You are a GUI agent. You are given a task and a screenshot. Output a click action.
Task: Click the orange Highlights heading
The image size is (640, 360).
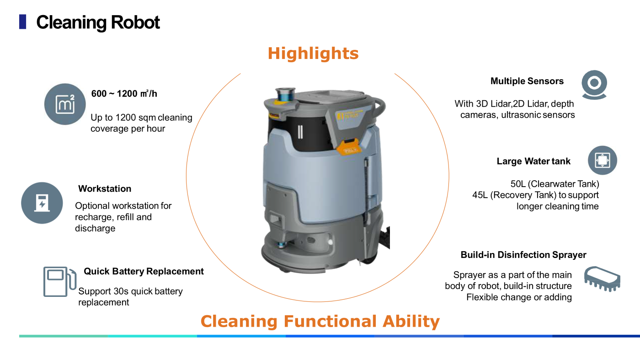click(313, 54)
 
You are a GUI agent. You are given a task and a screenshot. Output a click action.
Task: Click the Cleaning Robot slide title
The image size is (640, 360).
click(98, 22)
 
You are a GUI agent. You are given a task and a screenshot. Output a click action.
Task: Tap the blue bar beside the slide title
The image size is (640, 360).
click(22, 22)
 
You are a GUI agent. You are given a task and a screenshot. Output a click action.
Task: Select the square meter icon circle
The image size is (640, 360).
click(65, 104)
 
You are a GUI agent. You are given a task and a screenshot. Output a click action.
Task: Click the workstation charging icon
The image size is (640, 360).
click(42, 203)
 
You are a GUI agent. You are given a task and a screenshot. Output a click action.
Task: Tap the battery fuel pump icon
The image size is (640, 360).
click(60, 282)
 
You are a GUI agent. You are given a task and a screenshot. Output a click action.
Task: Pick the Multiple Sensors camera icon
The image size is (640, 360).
click(594, 85)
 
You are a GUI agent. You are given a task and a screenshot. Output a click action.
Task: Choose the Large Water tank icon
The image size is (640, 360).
click(603, 160)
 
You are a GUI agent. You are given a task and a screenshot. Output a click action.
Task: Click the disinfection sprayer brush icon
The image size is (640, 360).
click(603, 279)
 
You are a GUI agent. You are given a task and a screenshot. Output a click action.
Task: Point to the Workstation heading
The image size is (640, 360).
click(105, 189)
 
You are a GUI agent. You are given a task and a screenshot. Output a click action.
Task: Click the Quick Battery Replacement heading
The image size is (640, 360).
click(144, 271)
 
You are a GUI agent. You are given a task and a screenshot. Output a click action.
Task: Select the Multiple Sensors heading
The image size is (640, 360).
click(527, 81)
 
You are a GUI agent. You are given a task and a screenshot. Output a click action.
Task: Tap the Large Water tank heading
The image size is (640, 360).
click(533, 161)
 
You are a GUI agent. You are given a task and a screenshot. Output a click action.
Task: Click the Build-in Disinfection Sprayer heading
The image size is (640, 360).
click(523, 255)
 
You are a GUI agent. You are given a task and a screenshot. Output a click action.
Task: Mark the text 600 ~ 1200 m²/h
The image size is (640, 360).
click(124, 93)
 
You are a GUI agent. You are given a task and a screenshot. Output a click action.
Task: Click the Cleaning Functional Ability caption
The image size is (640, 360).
click(320, 321)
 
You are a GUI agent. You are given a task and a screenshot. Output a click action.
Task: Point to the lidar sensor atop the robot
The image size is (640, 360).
click(285, 94)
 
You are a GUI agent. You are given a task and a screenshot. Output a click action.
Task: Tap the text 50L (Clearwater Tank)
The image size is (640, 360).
click(555, 184)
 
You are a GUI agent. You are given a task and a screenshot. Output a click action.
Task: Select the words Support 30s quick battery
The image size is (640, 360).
click(131, 291)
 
